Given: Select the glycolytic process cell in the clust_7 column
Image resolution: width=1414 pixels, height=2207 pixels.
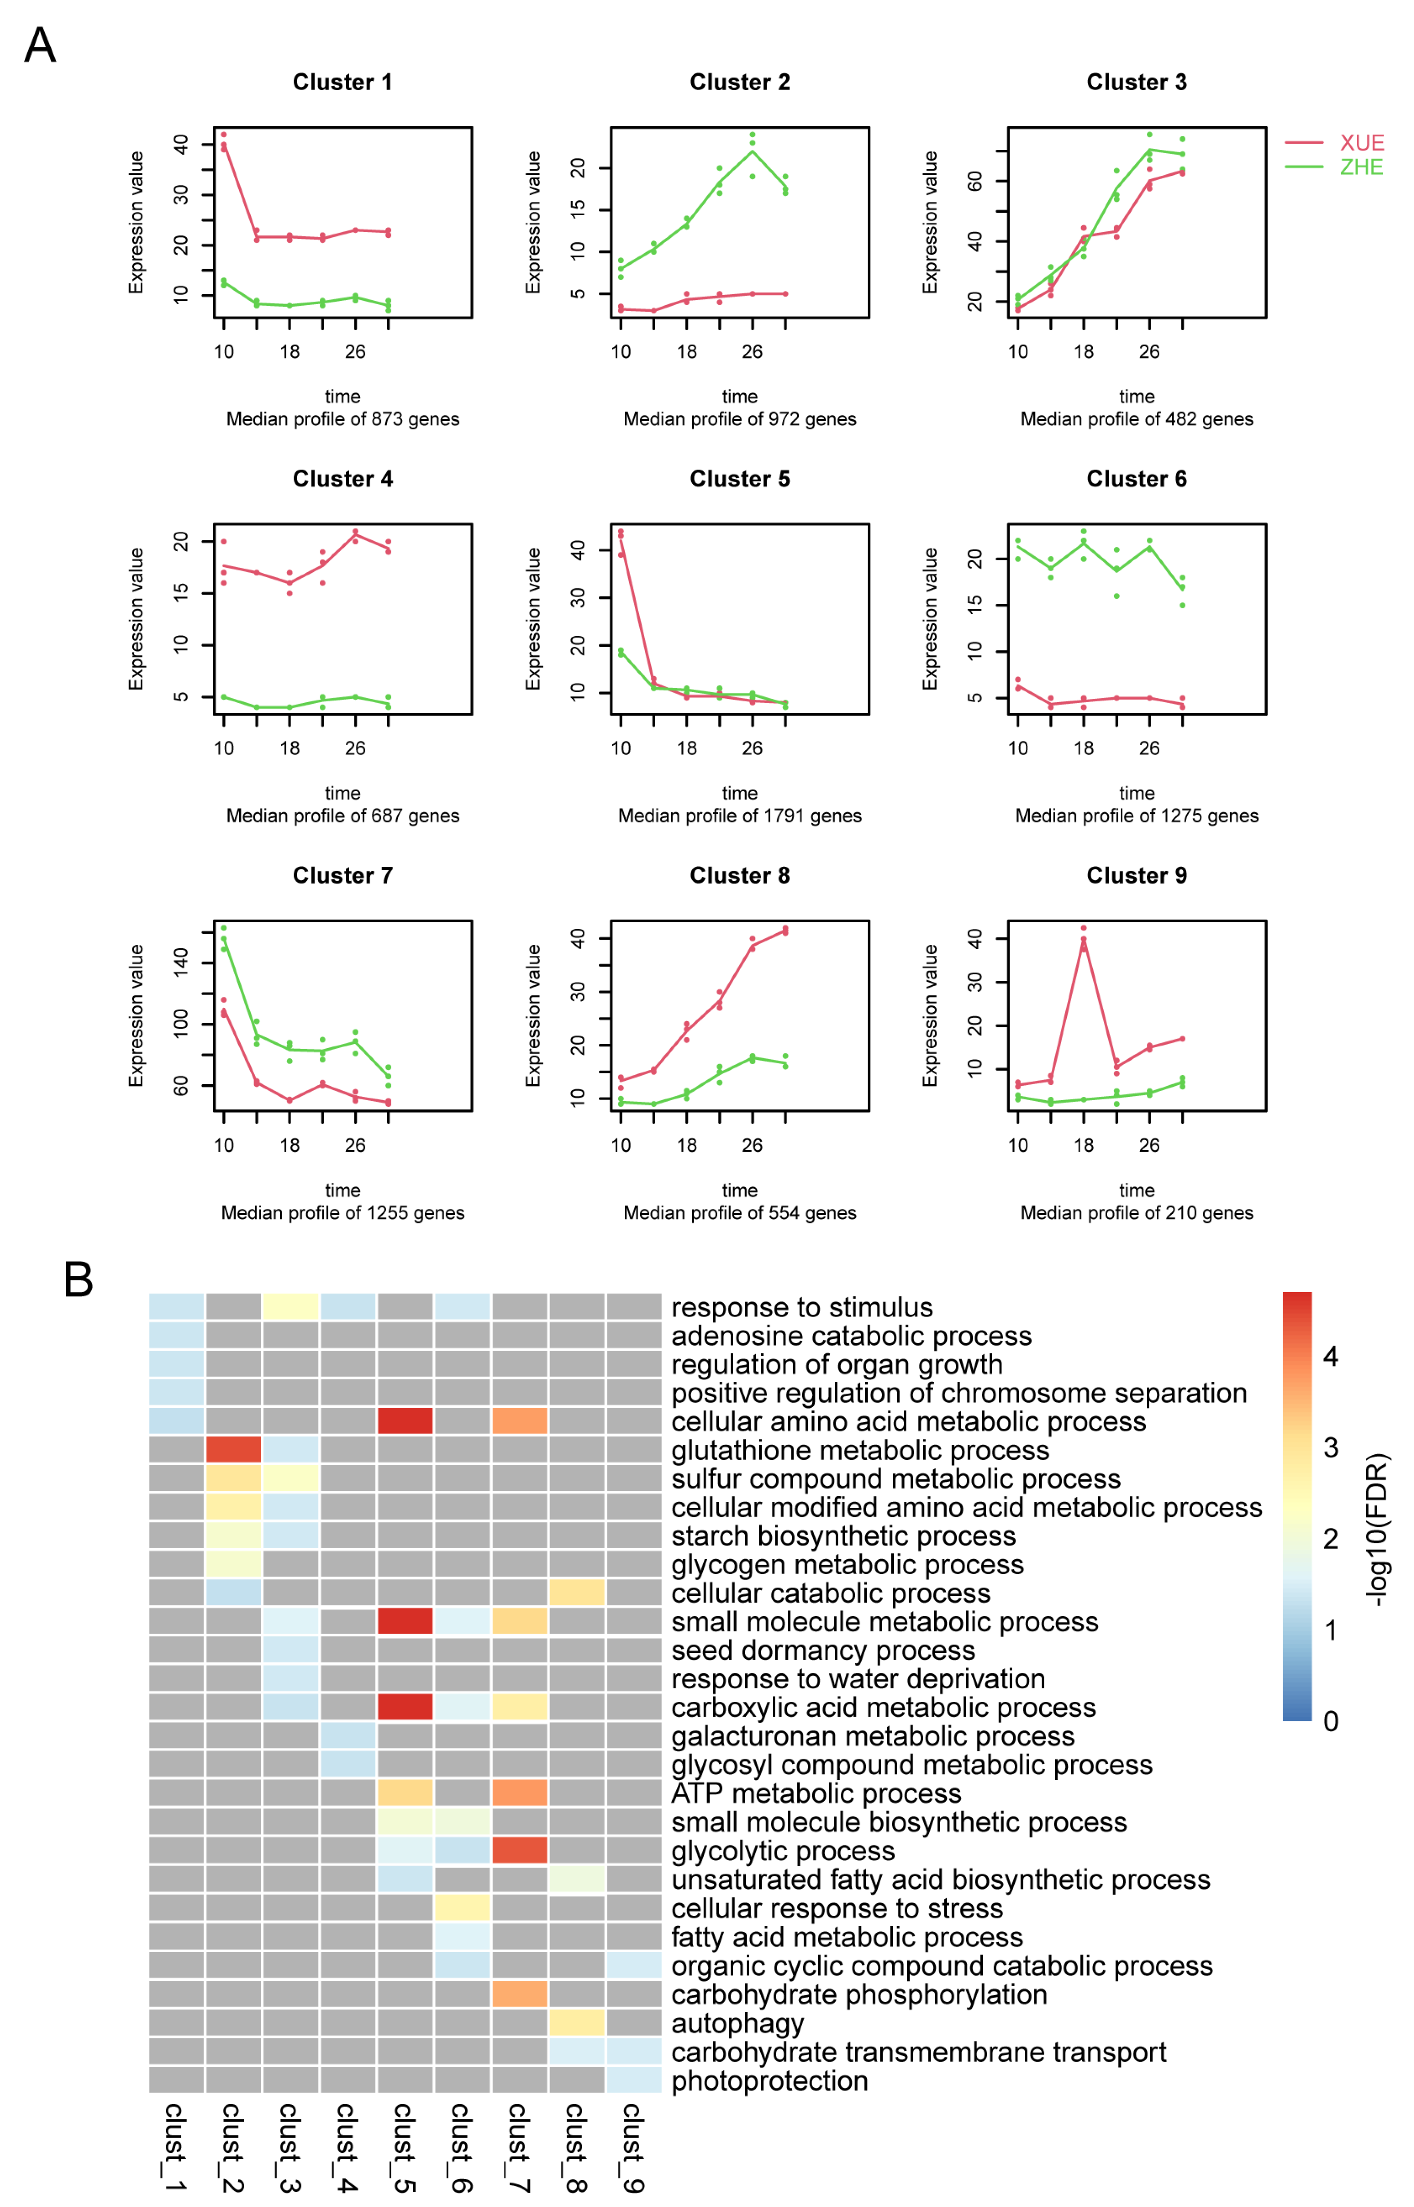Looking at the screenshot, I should (520, 1850).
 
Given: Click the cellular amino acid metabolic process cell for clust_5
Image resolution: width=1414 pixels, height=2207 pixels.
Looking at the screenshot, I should (405, 1421).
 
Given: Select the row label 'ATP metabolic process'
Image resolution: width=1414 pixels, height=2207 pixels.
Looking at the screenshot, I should (816, 1793).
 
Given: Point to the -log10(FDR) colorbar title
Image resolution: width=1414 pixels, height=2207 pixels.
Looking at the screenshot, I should (1377, 1529).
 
